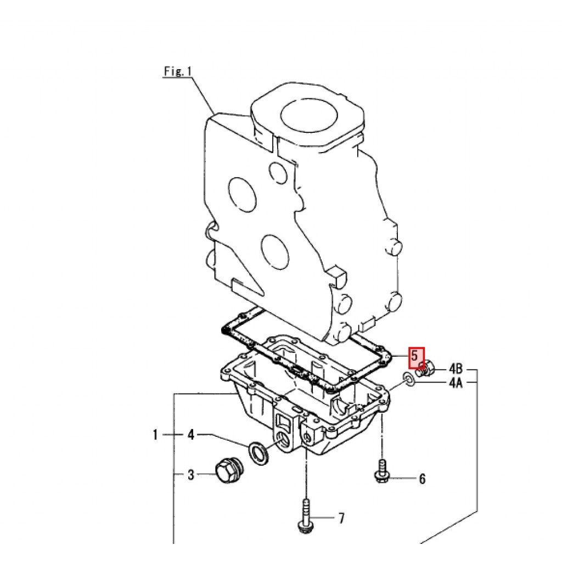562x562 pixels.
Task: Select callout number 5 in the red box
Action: point(415,356)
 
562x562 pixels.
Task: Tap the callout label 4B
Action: point(456,368)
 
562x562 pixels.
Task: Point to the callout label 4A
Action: point(456,383)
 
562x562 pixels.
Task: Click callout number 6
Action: point(422,479)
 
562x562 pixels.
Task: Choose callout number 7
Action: point(341,518)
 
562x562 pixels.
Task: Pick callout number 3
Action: point(191,475)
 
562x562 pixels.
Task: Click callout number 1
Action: point(155,435)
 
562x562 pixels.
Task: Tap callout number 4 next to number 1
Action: point(191,435)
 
